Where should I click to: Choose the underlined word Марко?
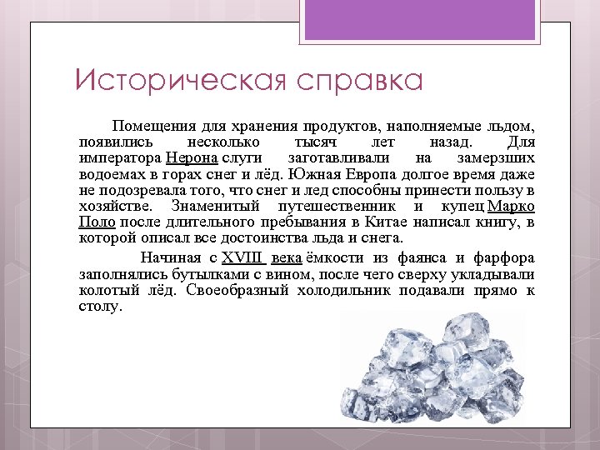(x=512, y=206)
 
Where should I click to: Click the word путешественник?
(x=337, y=206)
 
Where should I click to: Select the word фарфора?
(x=504, y=257)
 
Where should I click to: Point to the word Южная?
(x=326, y=174)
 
